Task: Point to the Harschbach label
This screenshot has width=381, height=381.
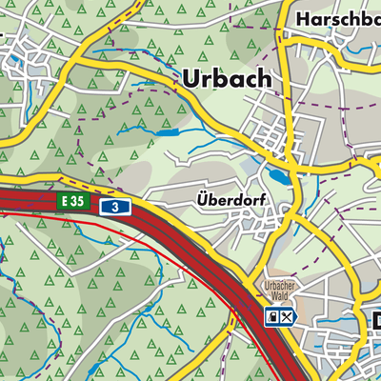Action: pyautogui.click(x=337, y=18)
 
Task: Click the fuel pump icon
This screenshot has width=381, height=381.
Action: pyautogui.click(x=273, y=316)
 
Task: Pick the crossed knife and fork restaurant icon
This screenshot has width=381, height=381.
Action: pyautogui.click(x=289, y=316)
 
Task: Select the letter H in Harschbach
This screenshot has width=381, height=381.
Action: pyautogui.click(x=303, y=18)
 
